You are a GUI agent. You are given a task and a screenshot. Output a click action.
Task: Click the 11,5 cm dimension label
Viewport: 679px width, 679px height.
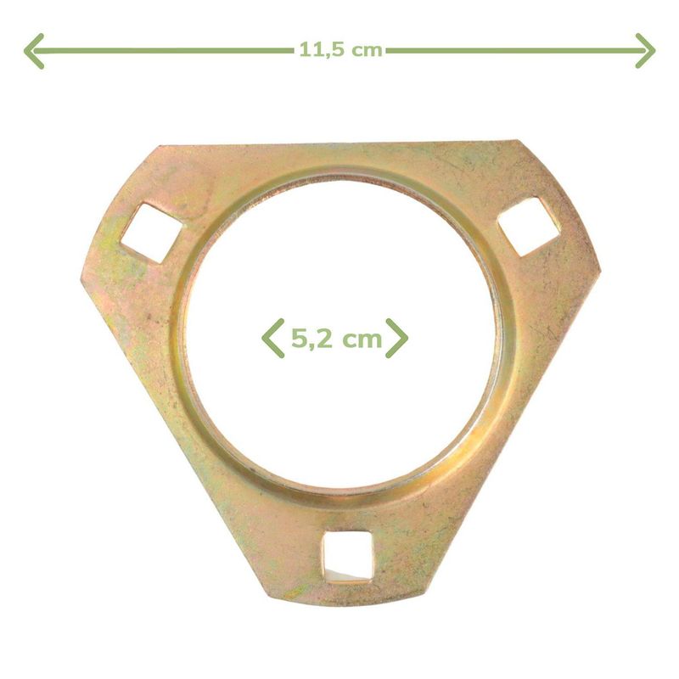pyautogui.click(x=341, y=50)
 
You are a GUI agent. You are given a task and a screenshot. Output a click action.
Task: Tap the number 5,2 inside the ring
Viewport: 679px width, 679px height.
pyautogui.click(x=311, y=338)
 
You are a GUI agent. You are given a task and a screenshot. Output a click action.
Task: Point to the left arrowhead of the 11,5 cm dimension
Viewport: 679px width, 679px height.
pyautogui.click(x=34, y=51)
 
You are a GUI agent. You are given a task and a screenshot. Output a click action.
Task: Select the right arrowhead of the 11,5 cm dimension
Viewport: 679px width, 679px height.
pyautogui.click(x=646, y=51)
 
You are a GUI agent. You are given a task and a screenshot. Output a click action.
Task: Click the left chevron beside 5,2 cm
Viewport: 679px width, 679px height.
pyautogui.click(x=272, y=338)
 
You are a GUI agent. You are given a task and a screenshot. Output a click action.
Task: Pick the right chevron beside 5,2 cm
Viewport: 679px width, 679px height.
pyautogui.click(x=396, y=338)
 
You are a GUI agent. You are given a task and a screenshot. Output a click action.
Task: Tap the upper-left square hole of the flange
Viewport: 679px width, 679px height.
pyautogui.click(x=152, y=233)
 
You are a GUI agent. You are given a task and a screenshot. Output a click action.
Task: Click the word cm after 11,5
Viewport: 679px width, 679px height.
pyautogui.click(x=367, y=51)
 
